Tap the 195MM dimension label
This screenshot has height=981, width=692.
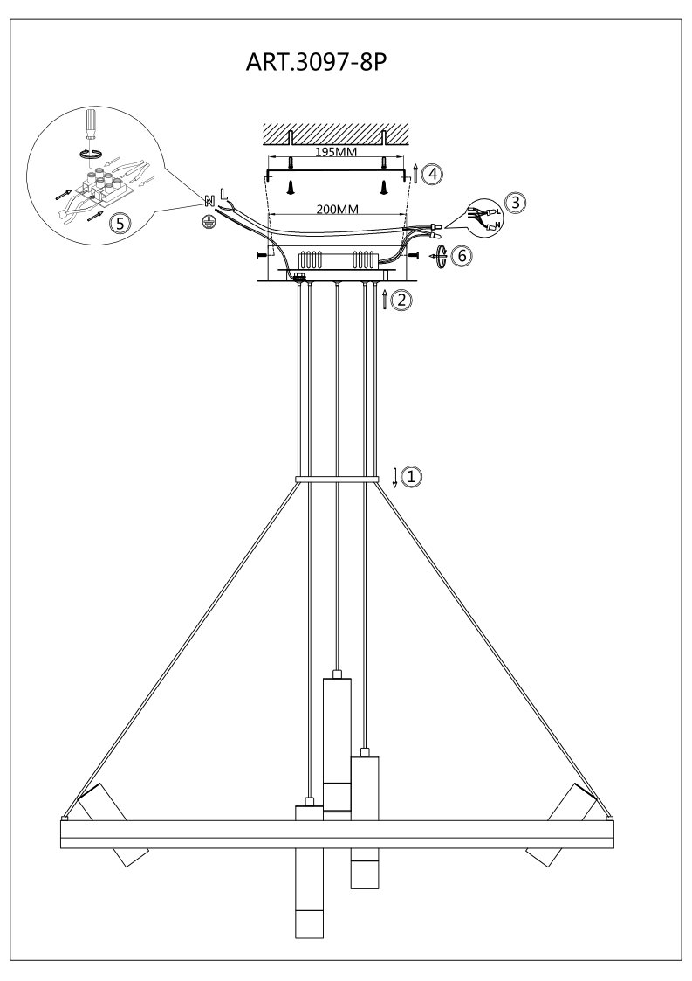pos(336,152)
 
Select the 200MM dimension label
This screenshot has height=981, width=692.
pos(338,209)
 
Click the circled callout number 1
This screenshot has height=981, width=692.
pos(411,477)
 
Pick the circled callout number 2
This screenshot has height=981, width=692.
pos(401,300)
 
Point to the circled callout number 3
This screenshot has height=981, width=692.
pos(515,203)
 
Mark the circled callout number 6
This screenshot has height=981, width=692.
pos(462,256)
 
